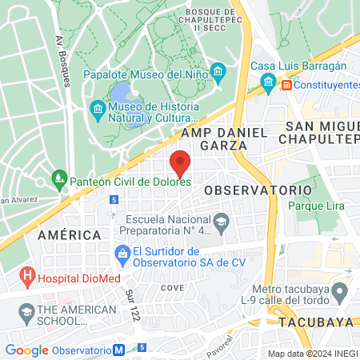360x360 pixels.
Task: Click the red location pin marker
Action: point(181,162)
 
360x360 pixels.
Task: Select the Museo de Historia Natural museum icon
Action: point(97,108)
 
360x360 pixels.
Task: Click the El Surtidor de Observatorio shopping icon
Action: point(122,255)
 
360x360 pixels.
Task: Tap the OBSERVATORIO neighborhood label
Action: point(257,190)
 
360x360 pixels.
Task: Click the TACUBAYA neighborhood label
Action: point(317,322)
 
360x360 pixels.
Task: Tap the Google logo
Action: point(26,350)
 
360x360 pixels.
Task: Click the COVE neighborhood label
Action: point(172,286)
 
